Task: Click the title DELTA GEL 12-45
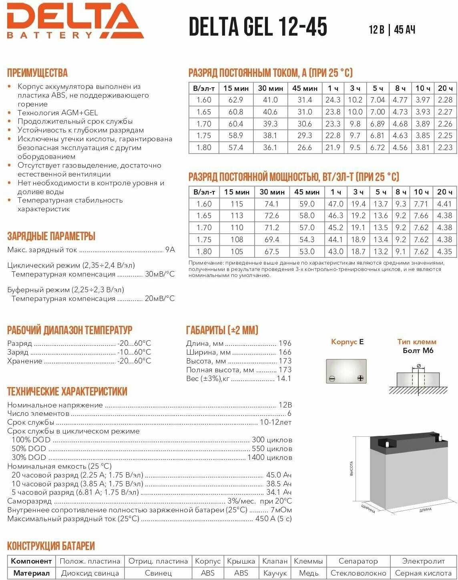click(258, 27)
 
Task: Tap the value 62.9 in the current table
click(236, 100)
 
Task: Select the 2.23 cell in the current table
click(445, 147)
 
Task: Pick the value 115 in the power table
click(237, 204)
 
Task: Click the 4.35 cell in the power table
click(445, 251)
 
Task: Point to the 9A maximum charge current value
click(170, 250)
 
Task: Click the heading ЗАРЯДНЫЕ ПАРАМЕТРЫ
click(51, 236)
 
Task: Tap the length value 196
click(285, 343)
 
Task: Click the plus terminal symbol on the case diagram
click(360, 378)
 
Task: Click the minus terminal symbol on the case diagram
click(332, 378)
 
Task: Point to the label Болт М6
click(418, 351)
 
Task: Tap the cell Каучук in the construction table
click(275, 573)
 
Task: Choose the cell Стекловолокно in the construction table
click(358, 573)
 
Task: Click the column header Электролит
click(423, 561)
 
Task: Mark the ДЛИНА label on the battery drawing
click(426, 510)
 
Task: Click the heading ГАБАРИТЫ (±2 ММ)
click(222, 330)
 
